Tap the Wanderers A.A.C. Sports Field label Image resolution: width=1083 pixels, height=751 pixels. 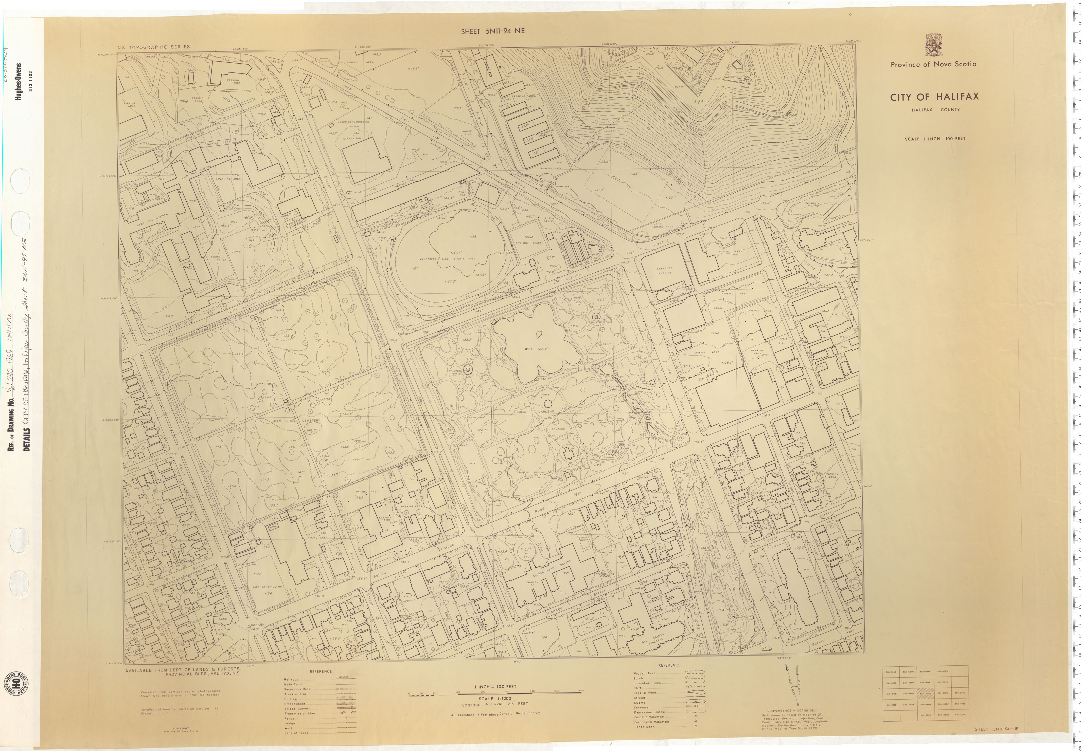point(448,259)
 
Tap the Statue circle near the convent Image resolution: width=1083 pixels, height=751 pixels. point(526,552)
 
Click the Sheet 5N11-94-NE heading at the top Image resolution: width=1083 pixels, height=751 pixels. point(492,31)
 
